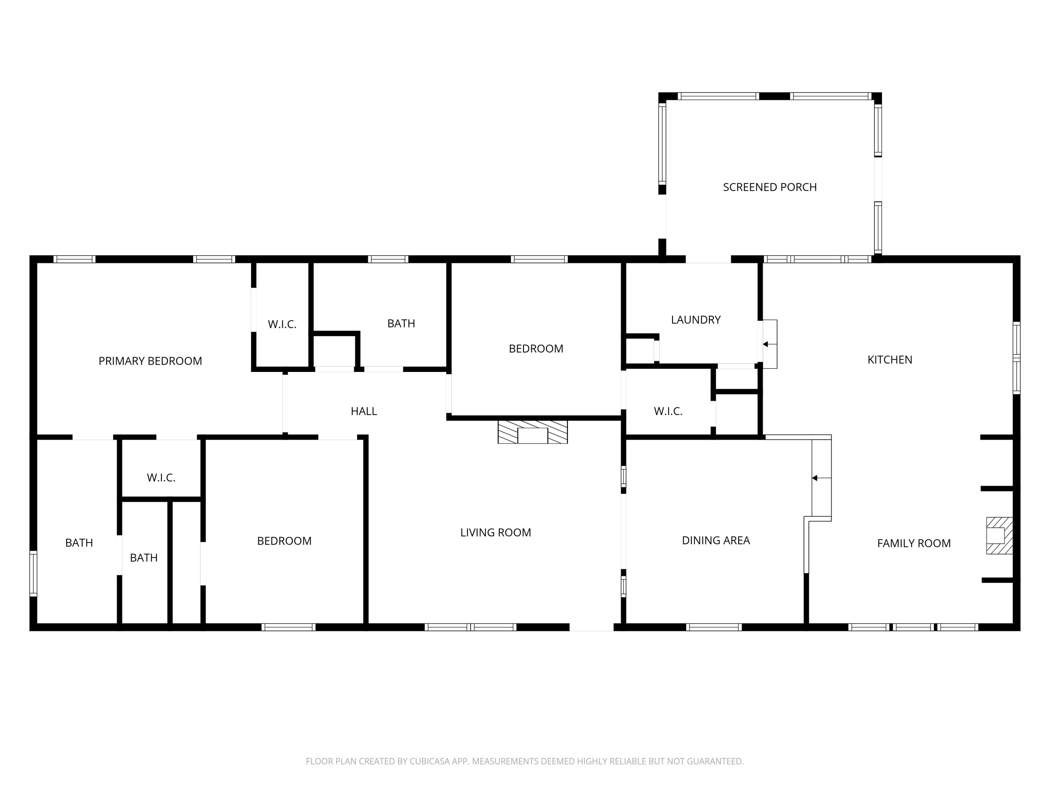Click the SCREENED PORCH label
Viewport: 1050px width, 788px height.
click(x=769, y=187)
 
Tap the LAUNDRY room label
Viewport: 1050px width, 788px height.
click(x=695, y=320)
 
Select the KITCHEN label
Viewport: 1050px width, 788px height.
click(x=890, y=360)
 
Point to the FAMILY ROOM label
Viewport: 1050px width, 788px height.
click(x=913, y=543)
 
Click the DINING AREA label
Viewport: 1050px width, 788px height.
click(x=715, y=540)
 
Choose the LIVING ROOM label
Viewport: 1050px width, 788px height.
click(x=495, y=532)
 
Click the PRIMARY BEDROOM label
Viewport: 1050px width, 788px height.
click(x=150, y=361)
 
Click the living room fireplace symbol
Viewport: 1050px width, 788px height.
click(x=532, y=432)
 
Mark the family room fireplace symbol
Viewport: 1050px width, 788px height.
click(x=999, y=535)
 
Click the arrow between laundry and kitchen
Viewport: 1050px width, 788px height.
click(x=766, y=344)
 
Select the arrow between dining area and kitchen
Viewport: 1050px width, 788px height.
click(x=815, y=478)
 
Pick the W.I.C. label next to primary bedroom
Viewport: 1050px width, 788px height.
click(x=282, y=324)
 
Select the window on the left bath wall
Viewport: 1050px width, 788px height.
click(x=33, y=573)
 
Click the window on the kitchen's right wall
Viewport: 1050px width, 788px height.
click(x=1016, y=358)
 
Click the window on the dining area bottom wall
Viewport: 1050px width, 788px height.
click(x=713, y=627)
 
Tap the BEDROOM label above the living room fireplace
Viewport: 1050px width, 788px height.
click(x=535, y=348)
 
